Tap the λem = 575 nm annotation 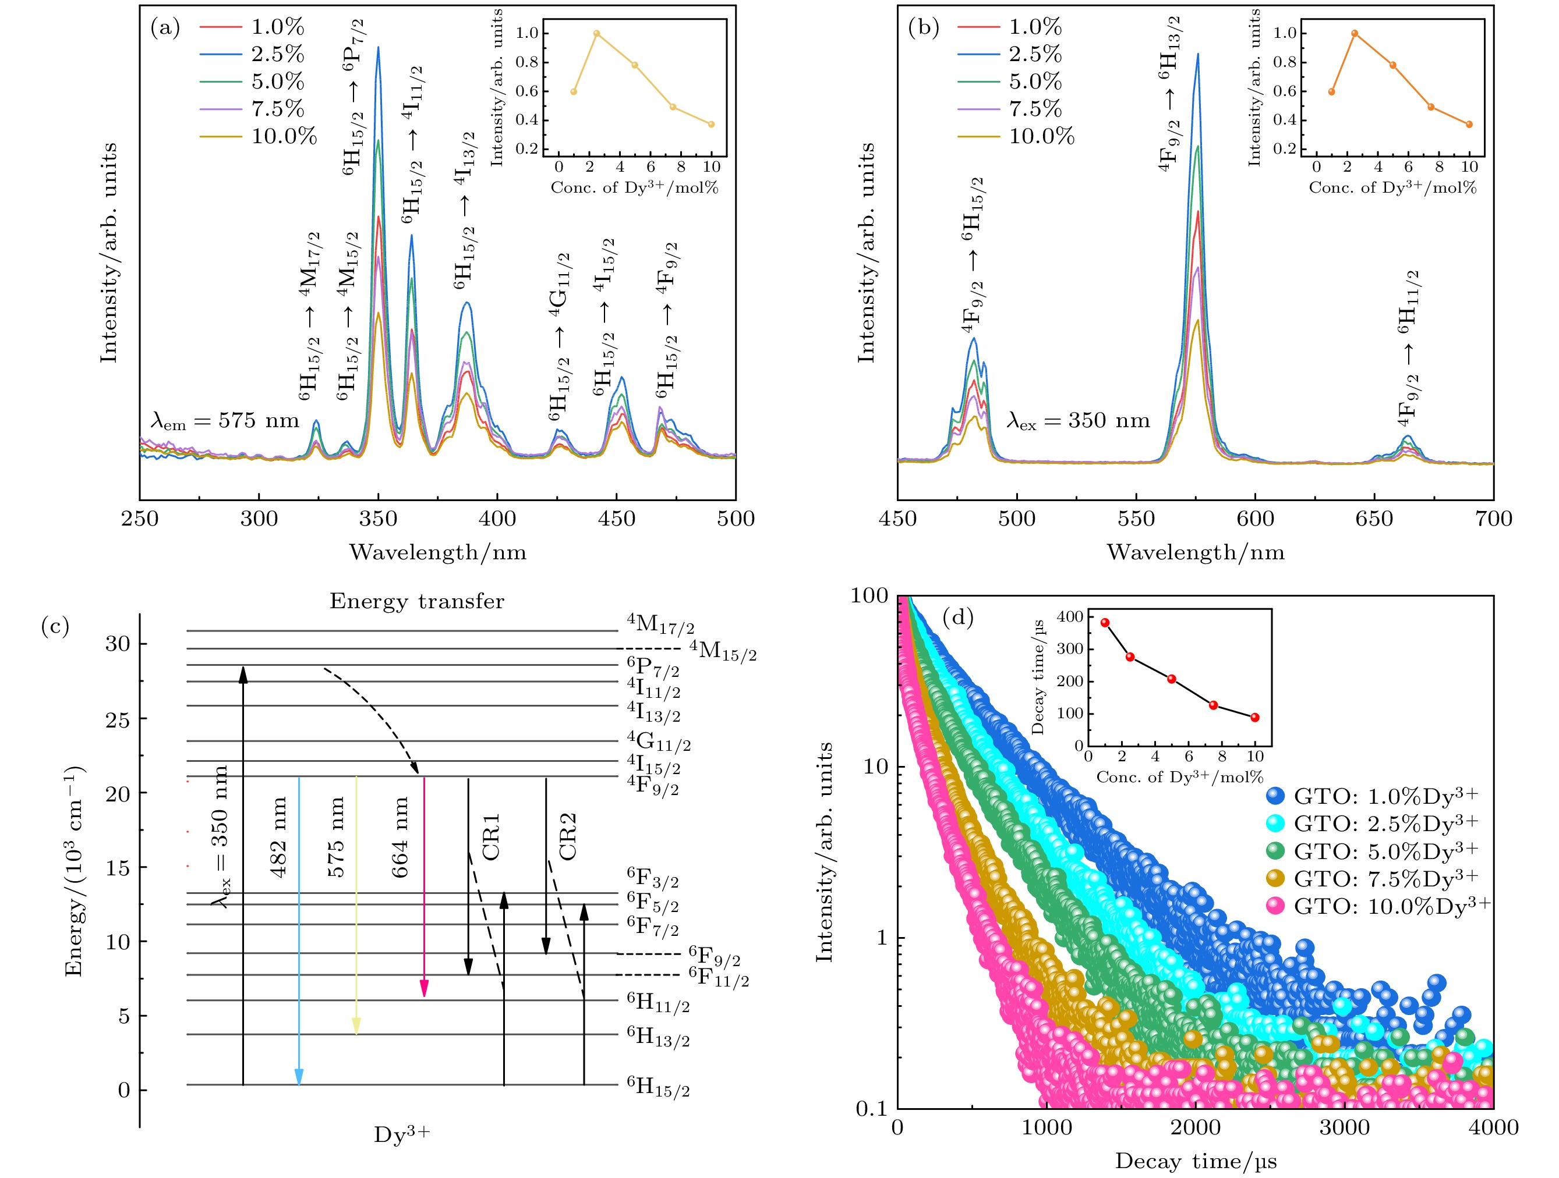tap(224, 421)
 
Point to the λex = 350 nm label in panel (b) tap(1077, 421)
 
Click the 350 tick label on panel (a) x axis tap(378, 519)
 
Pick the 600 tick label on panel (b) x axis tap(1254, 519)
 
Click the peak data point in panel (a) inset tap(596, 33)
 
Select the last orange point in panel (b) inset tap(1469, 125)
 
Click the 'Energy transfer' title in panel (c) tap(416, 602)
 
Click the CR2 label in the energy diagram tap(567, 836)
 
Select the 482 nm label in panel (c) tap(278, 837)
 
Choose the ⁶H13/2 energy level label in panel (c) tap(657, 1037)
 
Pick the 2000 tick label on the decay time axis tap(1196, 1128)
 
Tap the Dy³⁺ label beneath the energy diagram tap(402, 1134)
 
